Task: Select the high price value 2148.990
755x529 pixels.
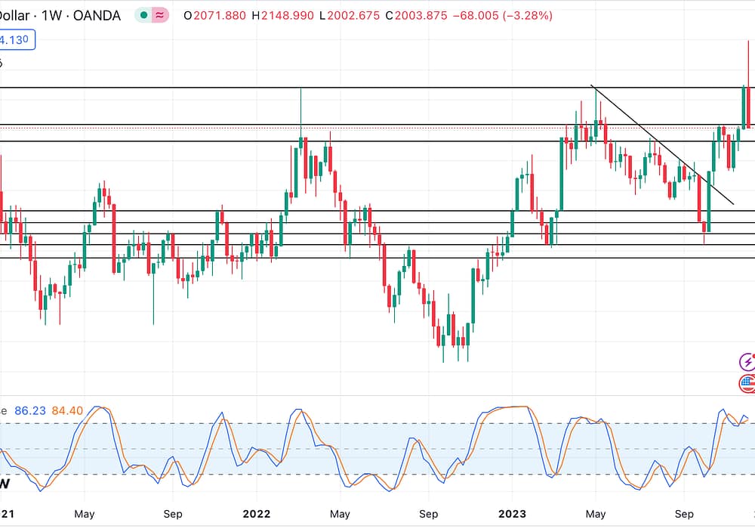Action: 286,15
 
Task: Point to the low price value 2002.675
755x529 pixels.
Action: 352,15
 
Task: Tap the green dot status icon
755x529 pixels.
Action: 143,15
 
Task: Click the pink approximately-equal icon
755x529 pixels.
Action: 160,15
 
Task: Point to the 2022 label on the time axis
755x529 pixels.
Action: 257,515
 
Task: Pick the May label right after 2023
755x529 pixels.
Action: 596,515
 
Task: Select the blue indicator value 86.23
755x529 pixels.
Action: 30,410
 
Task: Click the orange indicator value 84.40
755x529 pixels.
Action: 69,410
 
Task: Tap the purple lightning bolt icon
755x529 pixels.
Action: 747,362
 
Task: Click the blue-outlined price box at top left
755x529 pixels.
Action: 17,39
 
